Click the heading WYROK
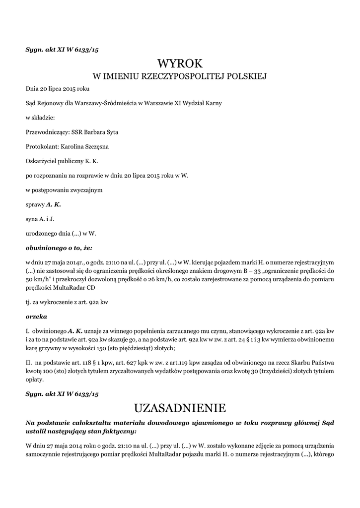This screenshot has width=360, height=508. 180,63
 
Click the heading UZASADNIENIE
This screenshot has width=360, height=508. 180,408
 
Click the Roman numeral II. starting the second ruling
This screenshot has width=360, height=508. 29,363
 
